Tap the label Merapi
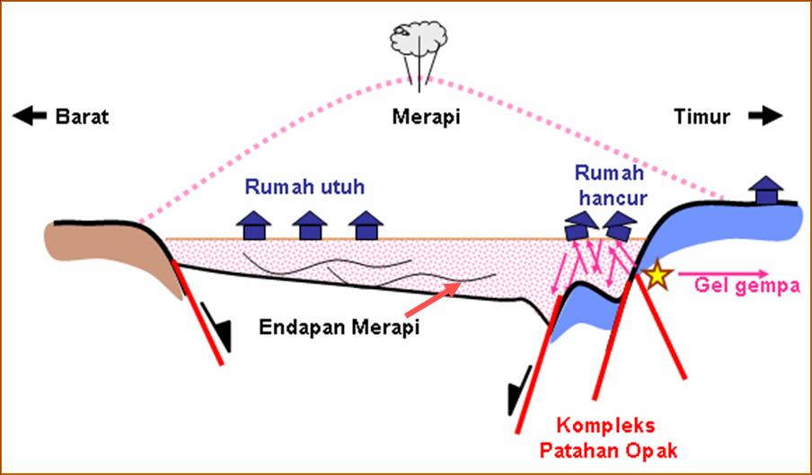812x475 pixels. pyautogui.click(x=422, y=117)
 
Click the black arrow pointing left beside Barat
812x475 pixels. pyautogui.click(x=30, y=116)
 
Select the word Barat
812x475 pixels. pyautogui.click(x=82, y=117)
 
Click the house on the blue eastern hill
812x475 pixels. pyautogui.click(x=765, y=190)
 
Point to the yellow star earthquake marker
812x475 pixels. pyautogui.click(x=658, y=276)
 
